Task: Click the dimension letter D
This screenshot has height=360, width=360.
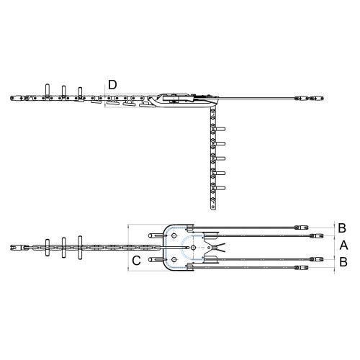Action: coord(112,84)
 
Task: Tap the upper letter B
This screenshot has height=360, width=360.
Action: coord(342,228)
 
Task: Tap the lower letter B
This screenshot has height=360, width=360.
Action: coord(342,264)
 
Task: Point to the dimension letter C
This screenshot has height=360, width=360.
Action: coord(135,260)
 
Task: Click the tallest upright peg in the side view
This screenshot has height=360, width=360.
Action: coord(48,89)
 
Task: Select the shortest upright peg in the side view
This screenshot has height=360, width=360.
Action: coord(81,91)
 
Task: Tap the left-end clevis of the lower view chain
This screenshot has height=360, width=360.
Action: coord(14,248)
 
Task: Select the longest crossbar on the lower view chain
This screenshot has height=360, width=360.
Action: coord(81,247)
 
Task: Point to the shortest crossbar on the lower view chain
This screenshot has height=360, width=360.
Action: coord(48,247)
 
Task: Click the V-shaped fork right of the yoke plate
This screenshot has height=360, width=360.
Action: coord(214,247)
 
